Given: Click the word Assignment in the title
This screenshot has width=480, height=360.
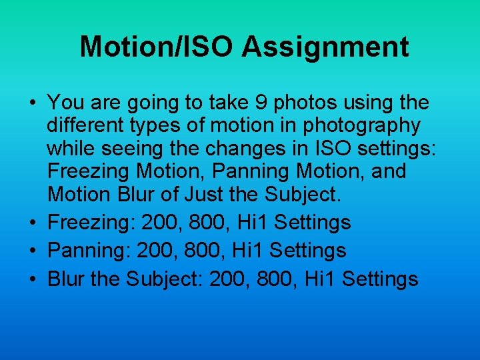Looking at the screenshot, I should (325, 47).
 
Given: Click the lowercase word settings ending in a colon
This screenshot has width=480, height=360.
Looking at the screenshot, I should (397, 148).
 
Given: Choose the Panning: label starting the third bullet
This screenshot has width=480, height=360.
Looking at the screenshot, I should (89, 250).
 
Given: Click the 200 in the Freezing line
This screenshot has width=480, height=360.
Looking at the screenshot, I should (161, 222).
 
